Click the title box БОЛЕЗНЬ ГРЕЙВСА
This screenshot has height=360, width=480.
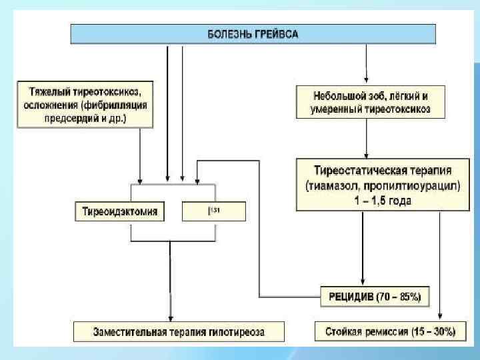[x=253, y=34]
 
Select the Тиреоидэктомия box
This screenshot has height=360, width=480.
[x=120, y=212]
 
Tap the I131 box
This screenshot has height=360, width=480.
[x=213, y=212]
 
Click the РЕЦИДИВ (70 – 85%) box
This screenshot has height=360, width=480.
[x=375, y=296]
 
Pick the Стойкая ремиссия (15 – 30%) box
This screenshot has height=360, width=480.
[x=390, y=331]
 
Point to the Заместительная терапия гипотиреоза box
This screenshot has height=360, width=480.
[x=178, y=331]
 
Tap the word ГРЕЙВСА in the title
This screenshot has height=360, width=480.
[x=276, y=34]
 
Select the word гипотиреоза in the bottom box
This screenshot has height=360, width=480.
[x=240, y=331]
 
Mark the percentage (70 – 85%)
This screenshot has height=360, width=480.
[x=399, y=296]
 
